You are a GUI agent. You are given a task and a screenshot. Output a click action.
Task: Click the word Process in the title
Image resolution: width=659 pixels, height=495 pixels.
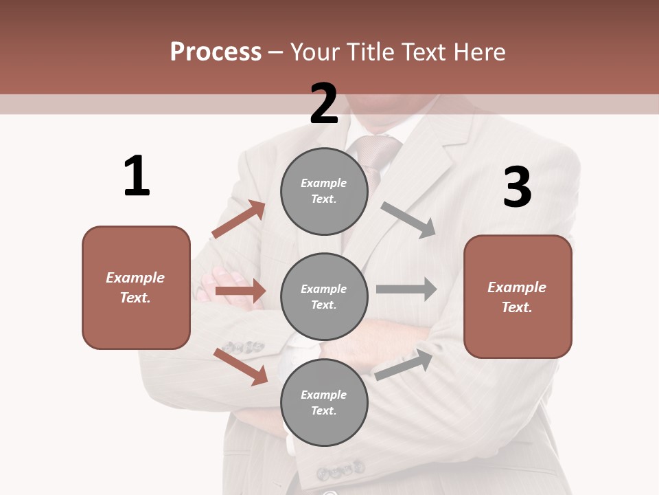[x=216, y=52]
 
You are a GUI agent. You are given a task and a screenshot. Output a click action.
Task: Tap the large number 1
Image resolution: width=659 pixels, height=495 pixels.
[x=137, y=177]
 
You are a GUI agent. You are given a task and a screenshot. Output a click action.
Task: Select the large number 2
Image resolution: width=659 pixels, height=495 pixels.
[x=324, y=104]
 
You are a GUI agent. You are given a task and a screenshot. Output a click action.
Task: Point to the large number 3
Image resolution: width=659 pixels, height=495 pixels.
[x=517, y=187]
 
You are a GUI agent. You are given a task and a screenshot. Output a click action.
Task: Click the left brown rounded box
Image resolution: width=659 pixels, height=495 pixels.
[x=136, y=287]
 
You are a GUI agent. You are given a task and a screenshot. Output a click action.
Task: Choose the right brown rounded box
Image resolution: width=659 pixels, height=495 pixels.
[x=518, y=296]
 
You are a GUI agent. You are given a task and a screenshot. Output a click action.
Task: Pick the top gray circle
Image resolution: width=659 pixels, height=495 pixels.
[x=324, y=191]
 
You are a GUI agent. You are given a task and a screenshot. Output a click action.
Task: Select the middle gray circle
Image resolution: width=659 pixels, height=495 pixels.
[x=324, y=296]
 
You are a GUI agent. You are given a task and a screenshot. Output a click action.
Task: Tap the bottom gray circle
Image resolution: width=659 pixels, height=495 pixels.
[x=324, y=402]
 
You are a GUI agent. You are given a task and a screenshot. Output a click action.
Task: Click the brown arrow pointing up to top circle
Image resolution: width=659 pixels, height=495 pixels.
[x=239, y=219]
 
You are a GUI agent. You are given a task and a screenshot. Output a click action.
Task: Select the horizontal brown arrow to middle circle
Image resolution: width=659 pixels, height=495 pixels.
[x=240, y=291]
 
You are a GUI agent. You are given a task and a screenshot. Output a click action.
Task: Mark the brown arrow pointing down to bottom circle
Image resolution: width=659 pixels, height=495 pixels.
[x=241, y=366]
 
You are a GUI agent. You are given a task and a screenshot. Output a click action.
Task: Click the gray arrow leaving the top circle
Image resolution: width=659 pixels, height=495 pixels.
[x=409, y=220]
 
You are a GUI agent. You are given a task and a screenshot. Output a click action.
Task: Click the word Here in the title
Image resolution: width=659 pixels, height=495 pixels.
[x=478, y=52]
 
